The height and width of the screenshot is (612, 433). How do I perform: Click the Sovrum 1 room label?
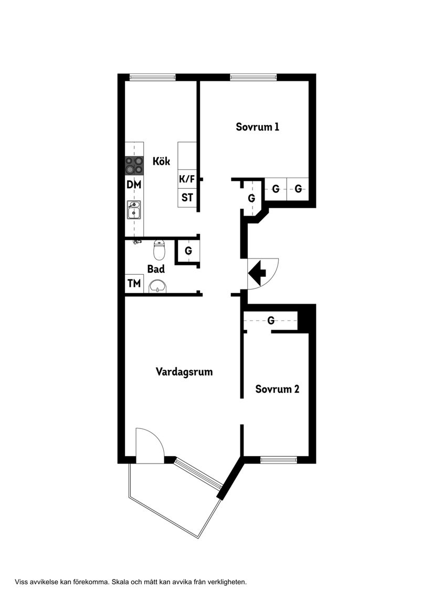257,127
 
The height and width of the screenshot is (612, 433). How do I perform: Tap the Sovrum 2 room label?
277,389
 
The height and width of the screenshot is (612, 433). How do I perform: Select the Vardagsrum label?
184,372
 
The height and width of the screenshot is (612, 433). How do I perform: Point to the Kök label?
161,162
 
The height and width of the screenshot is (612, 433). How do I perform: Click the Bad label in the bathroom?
156,269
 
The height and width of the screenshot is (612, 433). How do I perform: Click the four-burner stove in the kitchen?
134,166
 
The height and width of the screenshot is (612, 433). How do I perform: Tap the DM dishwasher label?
134,185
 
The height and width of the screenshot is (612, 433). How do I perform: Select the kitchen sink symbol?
134,210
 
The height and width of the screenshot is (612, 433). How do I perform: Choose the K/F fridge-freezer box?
187,179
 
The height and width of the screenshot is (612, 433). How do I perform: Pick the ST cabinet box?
187,198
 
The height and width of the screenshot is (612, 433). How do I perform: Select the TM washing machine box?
134,284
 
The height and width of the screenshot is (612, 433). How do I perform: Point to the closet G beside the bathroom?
188,251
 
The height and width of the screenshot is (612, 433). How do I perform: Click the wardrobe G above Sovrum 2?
271,320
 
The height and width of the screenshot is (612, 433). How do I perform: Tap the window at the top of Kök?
153,77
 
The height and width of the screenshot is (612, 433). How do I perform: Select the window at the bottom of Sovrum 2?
279,460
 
